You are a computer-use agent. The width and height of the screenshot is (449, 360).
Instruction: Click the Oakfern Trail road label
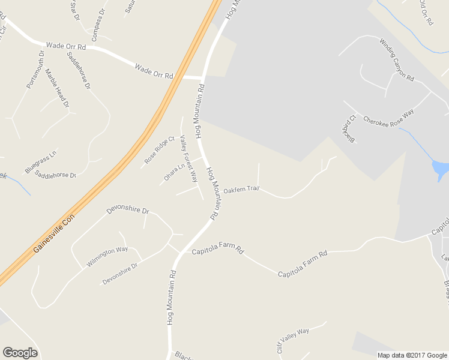(x=241, y=190)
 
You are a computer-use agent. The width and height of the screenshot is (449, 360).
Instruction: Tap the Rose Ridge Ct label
(x=159, y=151)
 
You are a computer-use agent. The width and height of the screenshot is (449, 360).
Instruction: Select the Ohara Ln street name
(x=174, y=172)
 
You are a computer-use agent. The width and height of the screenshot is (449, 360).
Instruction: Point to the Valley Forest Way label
(x=188, y=158)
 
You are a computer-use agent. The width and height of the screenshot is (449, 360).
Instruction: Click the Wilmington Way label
(x=107, y=256)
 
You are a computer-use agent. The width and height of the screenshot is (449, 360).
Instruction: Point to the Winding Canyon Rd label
(x=397, y=59)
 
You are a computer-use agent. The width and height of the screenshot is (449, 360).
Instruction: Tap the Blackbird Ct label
(x=349, y=129)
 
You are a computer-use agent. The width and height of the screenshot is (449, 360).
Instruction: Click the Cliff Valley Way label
(x=294, y=338)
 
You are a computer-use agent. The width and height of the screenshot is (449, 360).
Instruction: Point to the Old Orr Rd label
(x=426, y=12)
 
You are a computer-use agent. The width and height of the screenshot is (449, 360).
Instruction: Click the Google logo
(x=20, y=353)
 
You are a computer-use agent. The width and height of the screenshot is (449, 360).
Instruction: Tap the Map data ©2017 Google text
(x=412, y=355)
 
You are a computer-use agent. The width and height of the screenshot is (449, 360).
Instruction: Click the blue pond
(x=440, y=169)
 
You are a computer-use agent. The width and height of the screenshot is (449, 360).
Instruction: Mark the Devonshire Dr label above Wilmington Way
(x=127, y=211)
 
